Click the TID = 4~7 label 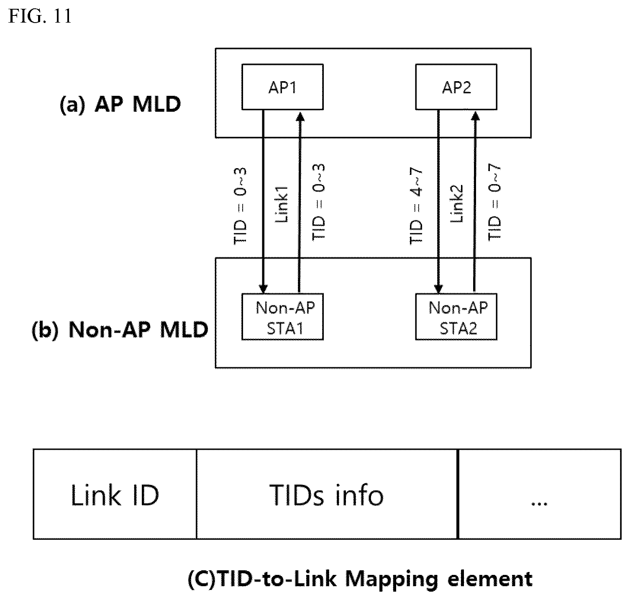(x=417, y=206)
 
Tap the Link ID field (x=115, y=494)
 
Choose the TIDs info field (x=327, y=494)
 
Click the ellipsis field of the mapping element (x=540, y=494)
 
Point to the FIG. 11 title (x=40, y=16)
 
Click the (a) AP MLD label (x=120, y=104)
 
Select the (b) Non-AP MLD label (x=120, y=330)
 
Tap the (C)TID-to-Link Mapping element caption (x=360, y=579)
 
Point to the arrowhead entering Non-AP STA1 (x=263, y=288)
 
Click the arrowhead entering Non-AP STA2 (x=438, y=288)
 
